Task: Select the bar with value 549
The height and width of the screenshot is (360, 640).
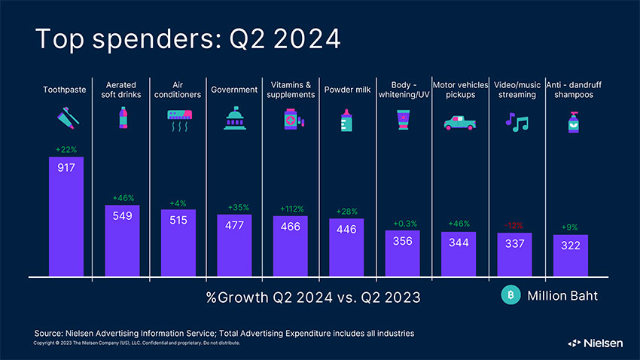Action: point(123,241)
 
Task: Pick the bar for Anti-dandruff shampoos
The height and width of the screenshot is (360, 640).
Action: point(570,256)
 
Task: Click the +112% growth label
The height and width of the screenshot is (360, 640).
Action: point(291,209)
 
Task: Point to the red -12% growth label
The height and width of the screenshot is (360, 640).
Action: point(514,225)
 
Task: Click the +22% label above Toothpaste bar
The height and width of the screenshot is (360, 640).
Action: point(66,149)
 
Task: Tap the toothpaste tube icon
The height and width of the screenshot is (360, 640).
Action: point(66,119)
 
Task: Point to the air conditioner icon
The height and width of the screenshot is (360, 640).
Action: point(178,120)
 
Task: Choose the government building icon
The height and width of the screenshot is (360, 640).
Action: point(234,119)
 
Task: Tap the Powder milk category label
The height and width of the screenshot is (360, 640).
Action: point(346,90)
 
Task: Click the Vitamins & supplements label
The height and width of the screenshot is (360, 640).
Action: point(291,90)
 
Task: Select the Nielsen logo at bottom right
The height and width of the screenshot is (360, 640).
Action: point(595,343)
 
